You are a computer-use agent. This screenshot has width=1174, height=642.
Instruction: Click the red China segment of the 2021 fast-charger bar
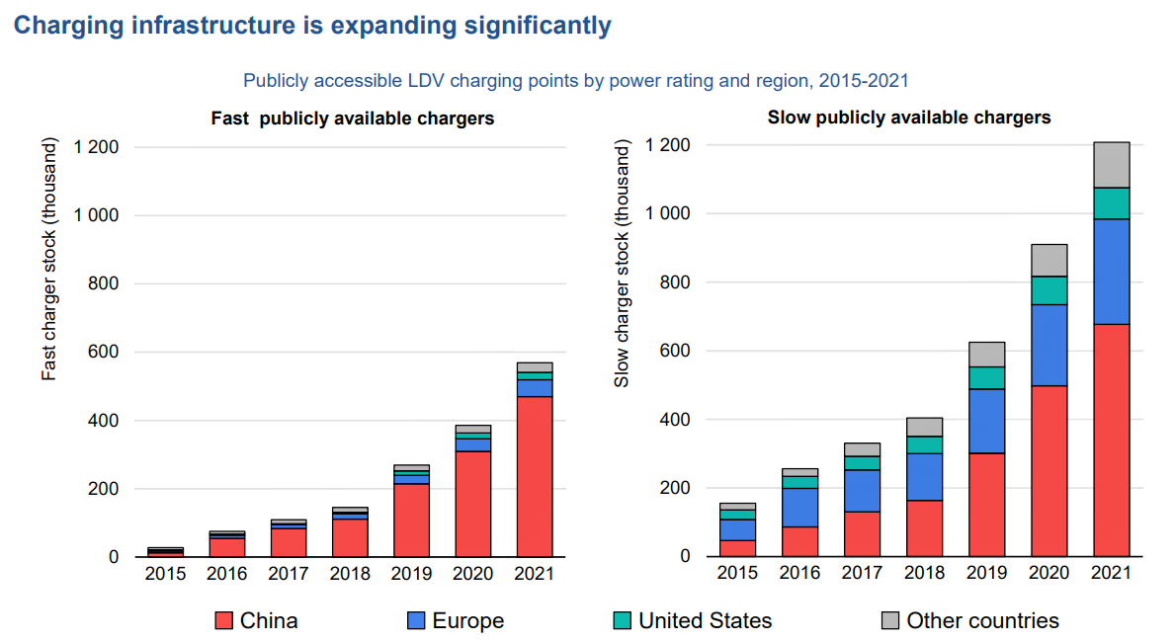click(x=535, y=476)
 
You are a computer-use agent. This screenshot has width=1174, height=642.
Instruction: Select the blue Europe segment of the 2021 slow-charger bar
click(x=1111, y=271)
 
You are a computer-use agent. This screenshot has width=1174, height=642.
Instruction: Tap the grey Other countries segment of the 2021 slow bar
click(x=1111, y=164)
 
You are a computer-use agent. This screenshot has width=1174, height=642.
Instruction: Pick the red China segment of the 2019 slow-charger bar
click(x=987, y=504)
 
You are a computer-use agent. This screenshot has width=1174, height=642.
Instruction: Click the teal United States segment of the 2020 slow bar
click(x=1048, y=290)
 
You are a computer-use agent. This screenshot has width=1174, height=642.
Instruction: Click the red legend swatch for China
click(x=223, y=621)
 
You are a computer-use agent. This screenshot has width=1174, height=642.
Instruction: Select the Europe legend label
click(x=468, y=621)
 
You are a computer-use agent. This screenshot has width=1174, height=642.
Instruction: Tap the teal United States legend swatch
click(x=622, y=621)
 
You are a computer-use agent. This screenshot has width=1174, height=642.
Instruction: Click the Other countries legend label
click(x=982, y=621)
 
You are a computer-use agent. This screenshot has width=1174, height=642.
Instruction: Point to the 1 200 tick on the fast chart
click(x=98, y=147)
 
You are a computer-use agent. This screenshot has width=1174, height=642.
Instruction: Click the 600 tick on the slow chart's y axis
click(x=671, y=351)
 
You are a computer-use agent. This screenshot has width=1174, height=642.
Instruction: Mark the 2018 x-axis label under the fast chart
click(x=350, y=574)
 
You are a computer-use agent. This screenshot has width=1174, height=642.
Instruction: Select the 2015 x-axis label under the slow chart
click(x=737, y=574)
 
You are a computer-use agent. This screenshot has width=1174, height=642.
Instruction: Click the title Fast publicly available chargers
click(x=353, y=119)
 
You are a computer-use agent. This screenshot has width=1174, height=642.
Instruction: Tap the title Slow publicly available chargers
click(x=909, y=118)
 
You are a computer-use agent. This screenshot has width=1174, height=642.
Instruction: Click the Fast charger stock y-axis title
click(x=49, y=259)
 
